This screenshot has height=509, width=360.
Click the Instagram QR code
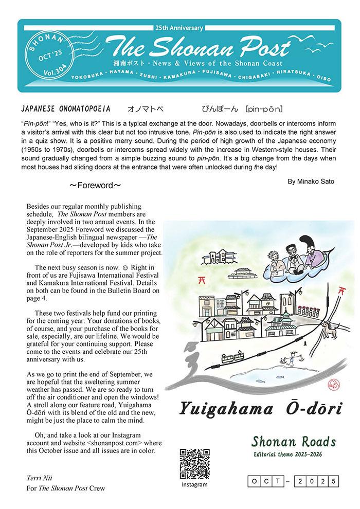[x=194, y=464]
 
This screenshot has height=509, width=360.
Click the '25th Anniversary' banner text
[x=178, y=28]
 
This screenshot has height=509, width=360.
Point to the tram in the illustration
[x=233, y=357]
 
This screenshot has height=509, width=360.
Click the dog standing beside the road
[x=340, y=333]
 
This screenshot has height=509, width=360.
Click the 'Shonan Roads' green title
[x=293, y=441]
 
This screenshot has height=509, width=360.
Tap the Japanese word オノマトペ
[x=146, y=110]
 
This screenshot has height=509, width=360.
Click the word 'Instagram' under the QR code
[x=195, y=484]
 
